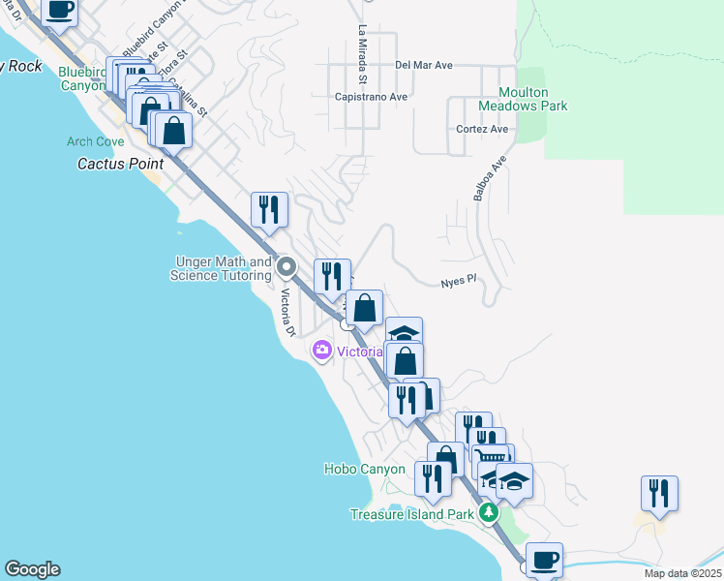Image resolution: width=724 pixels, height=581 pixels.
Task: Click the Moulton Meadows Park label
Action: tap(523, 98)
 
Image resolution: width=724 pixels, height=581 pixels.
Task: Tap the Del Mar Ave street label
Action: tap(424, 66)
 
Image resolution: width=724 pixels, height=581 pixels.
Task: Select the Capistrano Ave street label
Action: tap(371, 97)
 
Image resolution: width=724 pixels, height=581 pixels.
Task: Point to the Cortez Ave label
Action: tap(482, 129)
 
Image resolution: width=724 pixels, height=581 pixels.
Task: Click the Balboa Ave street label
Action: tap(490, 180)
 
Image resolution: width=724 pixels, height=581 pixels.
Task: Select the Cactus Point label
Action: tap(120, 164)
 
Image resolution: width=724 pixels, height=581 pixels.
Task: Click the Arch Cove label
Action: tap(94, 141)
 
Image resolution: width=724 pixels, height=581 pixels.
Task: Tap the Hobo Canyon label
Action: tap(364, 470)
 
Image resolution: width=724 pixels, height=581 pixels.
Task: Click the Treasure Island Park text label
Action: tap(412, 514)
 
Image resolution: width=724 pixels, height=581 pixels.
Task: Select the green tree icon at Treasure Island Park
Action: tap(490, 512)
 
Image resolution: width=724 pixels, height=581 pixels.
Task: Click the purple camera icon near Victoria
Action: tap(322, 351)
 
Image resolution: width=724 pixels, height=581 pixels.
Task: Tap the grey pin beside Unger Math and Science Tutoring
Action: tap(286, 266)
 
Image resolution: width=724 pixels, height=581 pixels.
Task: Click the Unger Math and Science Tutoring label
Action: tap(221, 268)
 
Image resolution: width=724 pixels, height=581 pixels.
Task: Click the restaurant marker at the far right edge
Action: tap(659, 493)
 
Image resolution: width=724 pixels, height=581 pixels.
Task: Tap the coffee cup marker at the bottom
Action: tap(544, 560)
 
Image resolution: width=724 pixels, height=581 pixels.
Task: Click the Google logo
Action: tap(32, 570)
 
